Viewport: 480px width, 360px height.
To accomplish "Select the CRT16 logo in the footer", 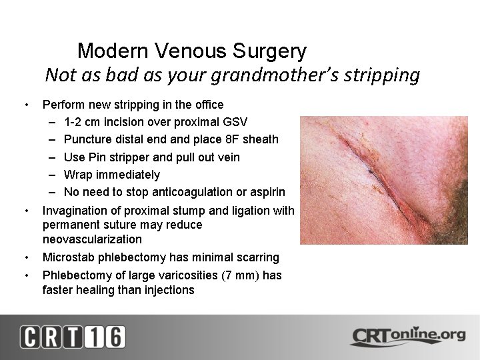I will tap(72, 337).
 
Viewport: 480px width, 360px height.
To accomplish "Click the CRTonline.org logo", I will tap(408, 336).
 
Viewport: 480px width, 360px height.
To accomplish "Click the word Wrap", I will tap(77, 175).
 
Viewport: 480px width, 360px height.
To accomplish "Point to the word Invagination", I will tap(75, 211).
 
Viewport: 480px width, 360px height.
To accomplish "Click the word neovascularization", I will tap(92, 239).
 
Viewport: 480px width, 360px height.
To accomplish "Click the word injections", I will tap(171, 290).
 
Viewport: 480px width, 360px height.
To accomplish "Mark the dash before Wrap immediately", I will tap(53, 175).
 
